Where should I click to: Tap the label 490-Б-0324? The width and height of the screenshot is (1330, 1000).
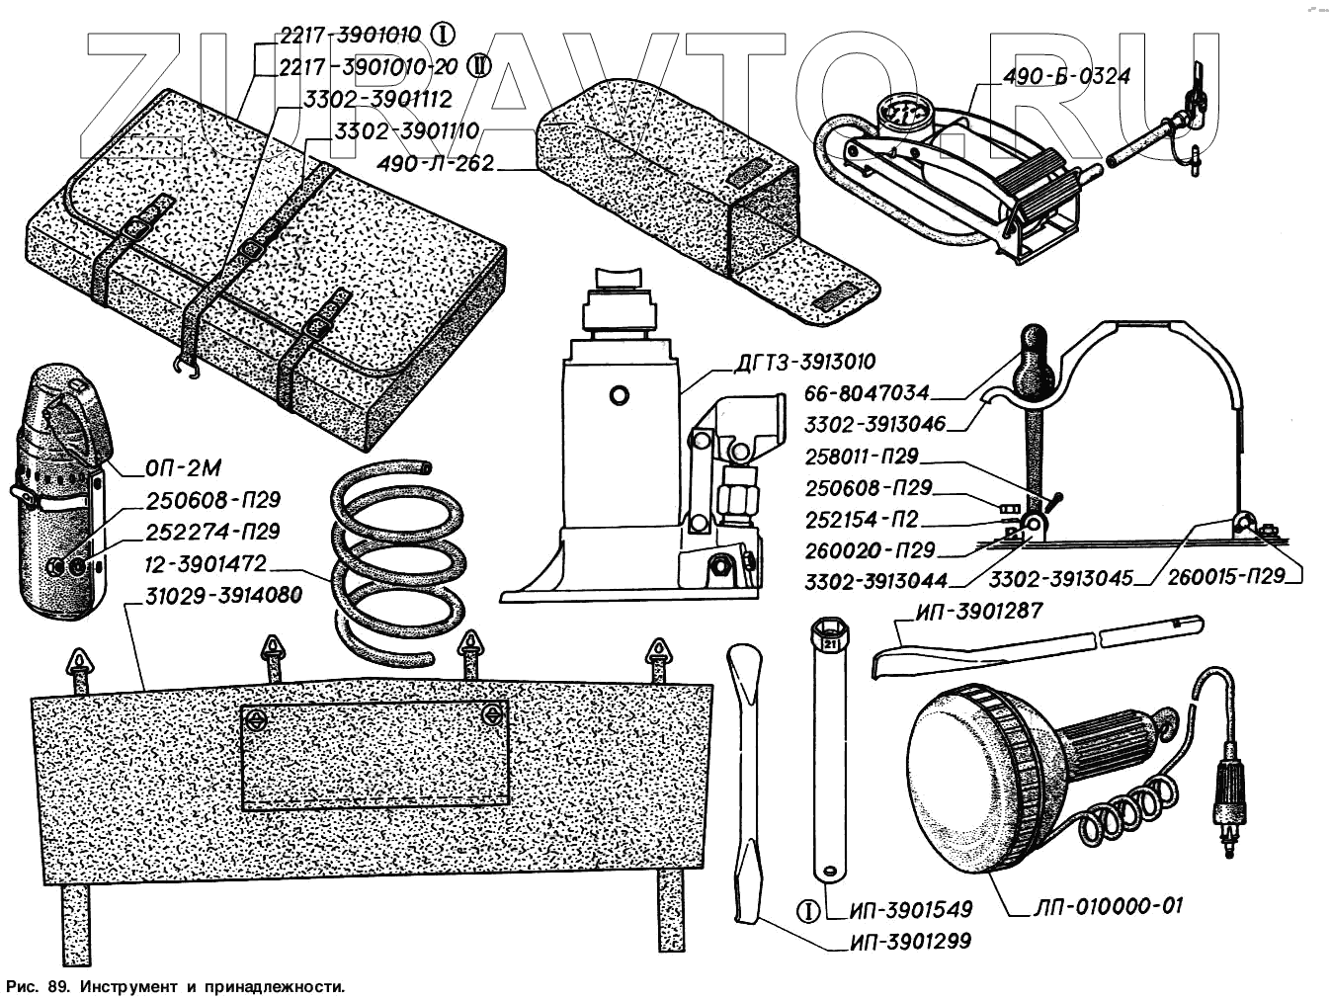(x=1066, y=76)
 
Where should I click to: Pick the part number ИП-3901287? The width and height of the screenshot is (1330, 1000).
(x=979, y=612)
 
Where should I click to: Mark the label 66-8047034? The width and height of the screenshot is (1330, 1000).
(x=867, y=394)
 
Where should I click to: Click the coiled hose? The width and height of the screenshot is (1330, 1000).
(x=395, y=558)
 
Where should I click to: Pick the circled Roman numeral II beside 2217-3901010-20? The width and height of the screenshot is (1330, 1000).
(x=478, y=65)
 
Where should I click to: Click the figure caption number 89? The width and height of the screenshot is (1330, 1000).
(x=57, y=986)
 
